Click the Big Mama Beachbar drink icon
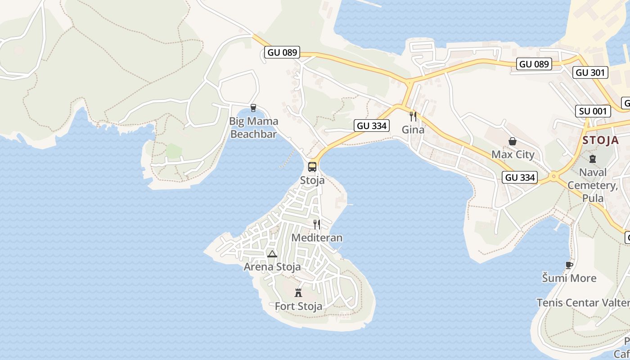tap(253, 108)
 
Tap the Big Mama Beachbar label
tap(254, 127)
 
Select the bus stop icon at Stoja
tap(312, 167)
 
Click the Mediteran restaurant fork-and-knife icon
tap(317, 224)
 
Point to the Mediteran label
tap(317, 238)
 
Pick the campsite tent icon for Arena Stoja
tap(272, 254)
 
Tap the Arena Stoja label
tap(272, 267)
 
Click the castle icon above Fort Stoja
tap(298, 293)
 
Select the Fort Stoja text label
tap(298, 306)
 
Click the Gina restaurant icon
tap(413, 117)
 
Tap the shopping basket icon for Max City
tap(512, 142)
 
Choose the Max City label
tap(513, 154)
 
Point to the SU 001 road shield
tap(593, 111)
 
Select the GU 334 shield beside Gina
tap(372, 126)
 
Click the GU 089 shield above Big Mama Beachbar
tap(282, 52)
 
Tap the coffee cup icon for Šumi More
tap(569, 265)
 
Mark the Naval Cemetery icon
tap(592, 159)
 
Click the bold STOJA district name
tap(600, 140)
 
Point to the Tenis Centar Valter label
tap(582, 302)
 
